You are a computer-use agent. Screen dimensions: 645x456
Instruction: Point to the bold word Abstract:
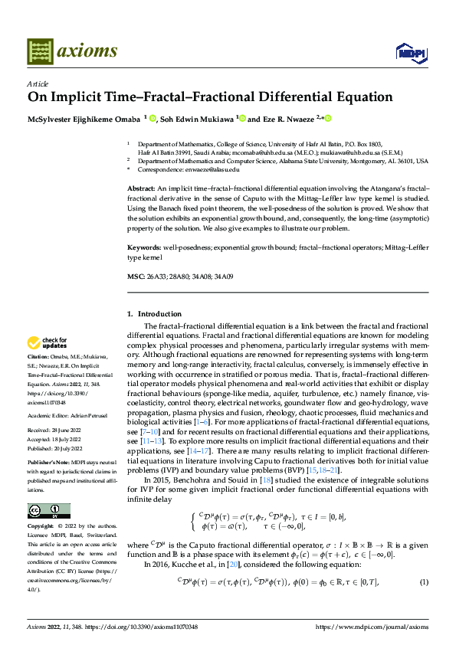click(x=140, y=188)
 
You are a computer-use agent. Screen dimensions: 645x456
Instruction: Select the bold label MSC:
click(x=134, y=276)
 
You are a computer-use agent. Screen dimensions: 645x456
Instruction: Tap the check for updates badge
click(x=48, y=342)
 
